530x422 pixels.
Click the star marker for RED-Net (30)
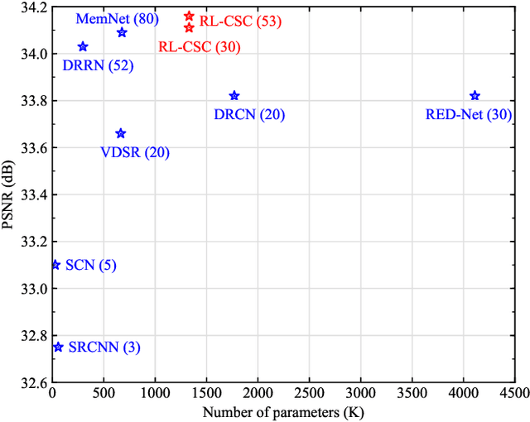coord(475,96)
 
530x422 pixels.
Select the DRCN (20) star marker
coord(234,96)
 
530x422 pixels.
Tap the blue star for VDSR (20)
coord(121,133)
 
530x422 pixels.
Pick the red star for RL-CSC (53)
coord(189,16)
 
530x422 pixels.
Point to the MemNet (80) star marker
coord(122,32)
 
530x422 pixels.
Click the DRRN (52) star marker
coord(83,47)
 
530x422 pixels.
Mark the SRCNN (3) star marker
coord(58,347)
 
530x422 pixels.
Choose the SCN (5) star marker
coord(55,265)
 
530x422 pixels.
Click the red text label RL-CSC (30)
coord(199,47)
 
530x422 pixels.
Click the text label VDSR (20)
coord(136,153)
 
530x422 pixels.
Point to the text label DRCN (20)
coord(249,115)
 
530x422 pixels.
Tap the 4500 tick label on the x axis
coord(514,392)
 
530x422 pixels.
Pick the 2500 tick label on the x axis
coord(309,392)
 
